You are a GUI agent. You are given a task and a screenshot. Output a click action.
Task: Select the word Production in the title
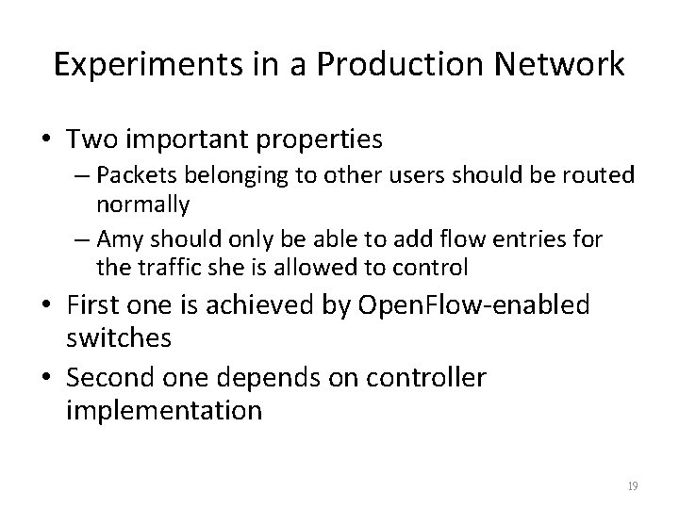[378, 65]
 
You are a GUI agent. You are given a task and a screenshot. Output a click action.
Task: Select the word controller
[424, 379]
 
